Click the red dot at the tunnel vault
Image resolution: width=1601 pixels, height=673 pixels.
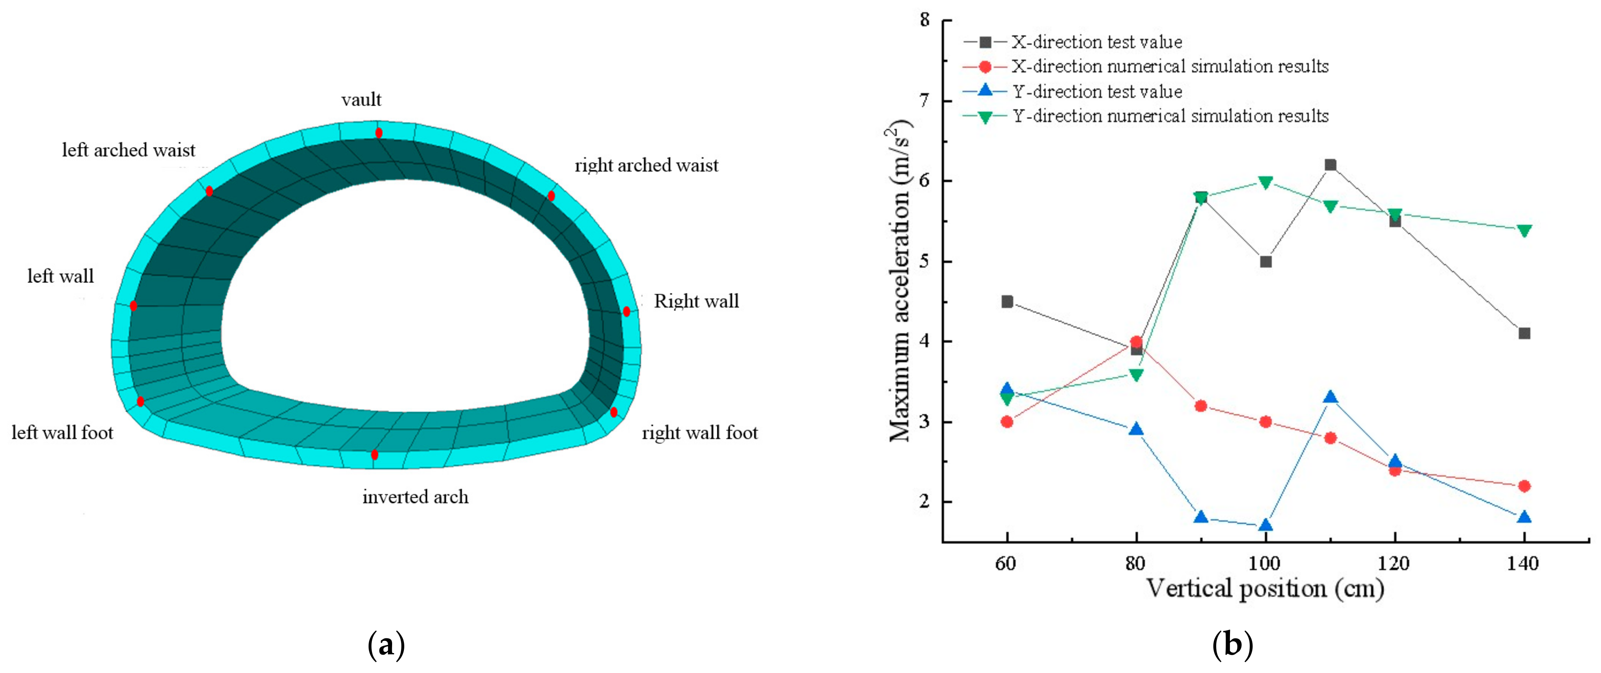pyautogui.click(x=378, y=132)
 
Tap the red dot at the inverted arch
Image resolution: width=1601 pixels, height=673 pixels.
pyautogui.click(x=374, y=455)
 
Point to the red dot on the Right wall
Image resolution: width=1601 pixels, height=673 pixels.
pyautogui.click(x=626, y=311)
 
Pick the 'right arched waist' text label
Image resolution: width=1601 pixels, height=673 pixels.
pyautogui.click(x=646, y=165)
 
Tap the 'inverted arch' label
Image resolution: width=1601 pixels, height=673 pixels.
pyautogui.click(x=415, y=497)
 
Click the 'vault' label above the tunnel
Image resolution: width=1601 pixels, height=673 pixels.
pyautogui.click(x=361, y=100)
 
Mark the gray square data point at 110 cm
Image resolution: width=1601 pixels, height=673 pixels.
pyautogui.click(x=1330, y=165)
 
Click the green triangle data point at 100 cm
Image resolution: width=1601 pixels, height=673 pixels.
pyautogui.click(x=1265, y=182)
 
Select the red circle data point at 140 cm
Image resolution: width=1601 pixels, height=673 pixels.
pyautogui.click(x=1524, y=486)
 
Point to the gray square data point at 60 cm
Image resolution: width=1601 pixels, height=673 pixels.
pyautogui.click(x=1007, y=302)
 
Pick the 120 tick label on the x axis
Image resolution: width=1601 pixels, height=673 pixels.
pyautogui.click(x=1395, y=564)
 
